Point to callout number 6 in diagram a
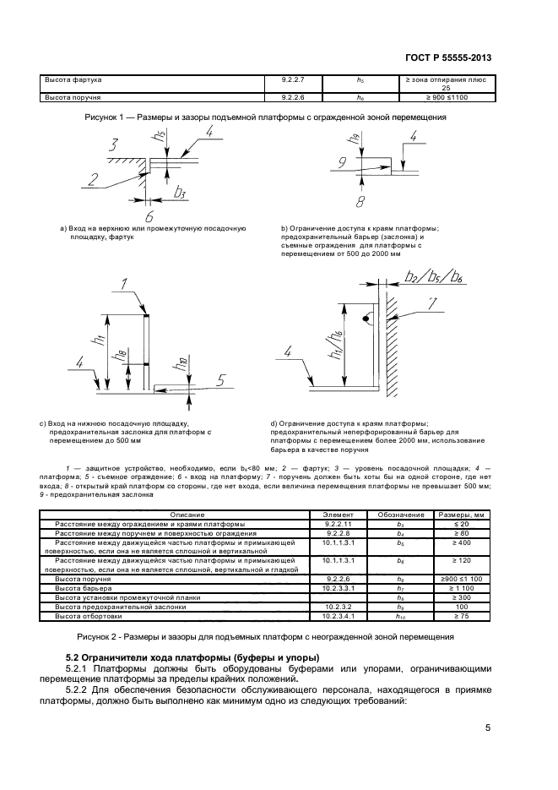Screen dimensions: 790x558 [x=149, y=214]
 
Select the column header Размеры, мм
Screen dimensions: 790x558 [x=461, y=515]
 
